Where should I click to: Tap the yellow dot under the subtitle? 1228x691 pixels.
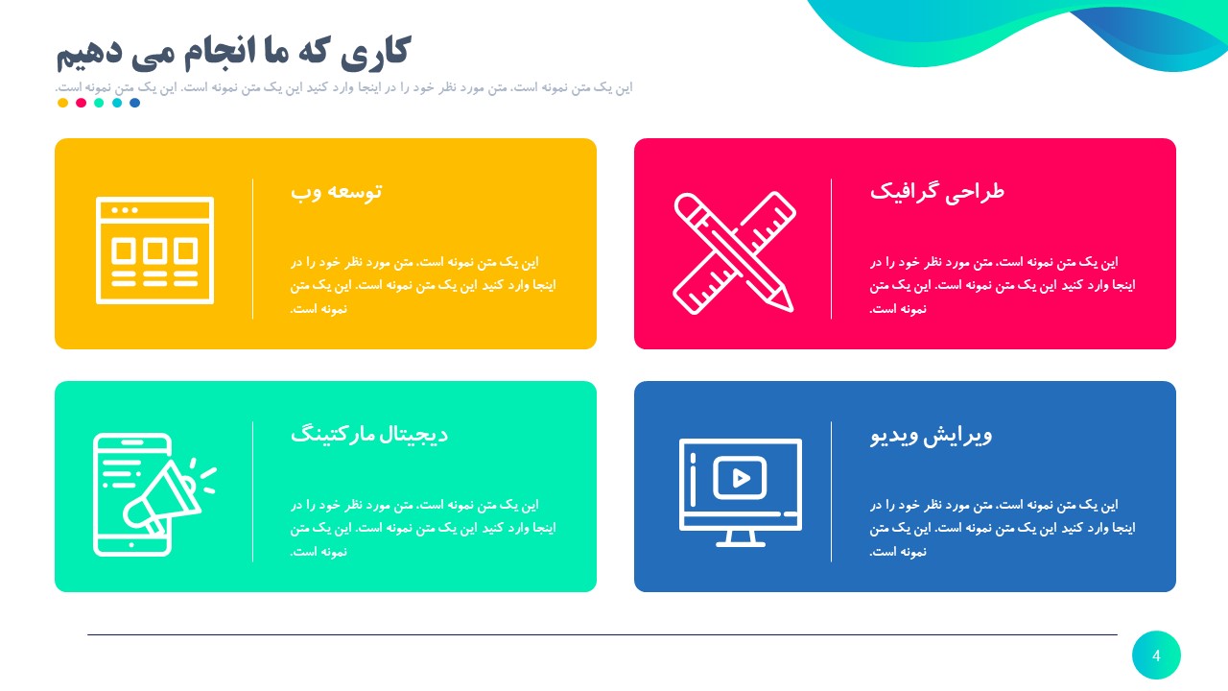pos(63,103)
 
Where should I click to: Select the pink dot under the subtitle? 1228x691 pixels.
pos(81,103)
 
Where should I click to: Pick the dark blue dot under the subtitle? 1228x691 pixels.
pos(134,103)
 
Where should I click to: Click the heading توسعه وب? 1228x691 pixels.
pos(336,191)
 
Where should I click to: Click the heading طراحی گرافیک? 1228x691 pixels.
pos(936,191)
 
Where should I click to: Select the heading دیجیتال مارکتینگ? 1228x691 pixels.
pos(369,434)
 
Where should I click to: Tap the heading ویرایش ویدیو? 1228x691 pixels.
pos(931,435)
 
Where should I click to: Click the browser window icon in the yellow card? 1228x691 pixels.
pos(154,250)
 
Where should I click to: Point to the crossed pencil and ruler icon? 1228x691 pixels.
pos(734,252)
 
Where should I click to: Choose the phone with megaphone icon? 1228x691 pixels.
pos(149,494)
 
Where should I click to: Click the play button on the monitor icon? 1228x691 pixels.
pos(740,478)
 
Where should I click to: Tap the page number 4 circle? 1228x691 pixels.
pos(1156,655)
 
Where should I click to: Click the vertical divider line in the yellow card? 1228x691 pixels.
pos(253,249)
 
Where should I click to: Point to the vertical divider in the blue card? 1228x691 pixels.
pos(832,491)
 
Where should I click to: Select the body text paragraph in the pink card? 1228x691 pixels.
pos(1003,285)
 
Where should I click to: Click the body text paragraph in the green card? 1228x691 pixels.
pos(423,528)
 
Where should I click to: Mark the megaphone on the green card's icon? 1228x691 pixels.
pos(163,495)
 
